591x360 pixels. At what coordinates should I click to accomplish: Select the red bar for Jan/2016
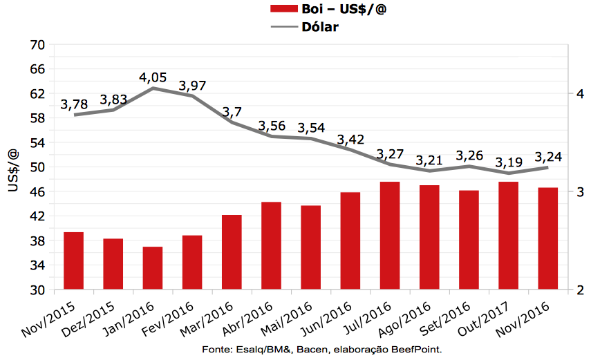153,268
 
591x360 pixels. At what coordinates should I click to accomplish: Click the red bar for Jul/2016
390,236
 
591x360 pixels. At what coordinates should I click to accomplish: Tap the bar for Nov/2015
73,260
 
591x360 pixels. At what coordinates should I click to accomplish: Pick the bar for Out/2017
508,236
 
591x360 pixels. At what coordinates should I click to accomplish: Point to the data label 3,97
192,86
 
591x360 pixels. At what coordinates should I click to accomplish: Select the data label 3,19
508,163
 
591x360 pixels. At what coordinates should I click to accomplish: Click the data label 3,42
350,140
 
